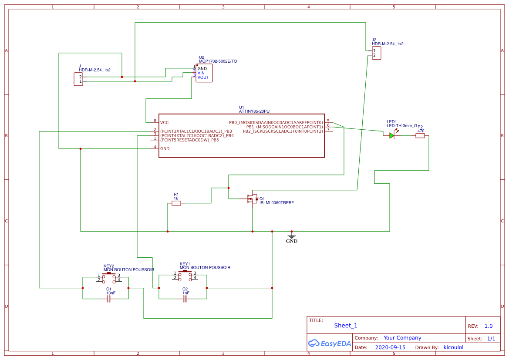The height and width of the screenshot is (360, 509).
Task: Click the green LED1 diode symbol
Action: (x=391, y=136)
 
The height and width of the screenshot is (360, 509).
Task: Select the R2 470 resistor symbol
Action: (x=420, y=136)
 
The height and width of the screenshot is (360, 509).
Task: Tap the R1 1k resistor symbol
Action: (x=176, y=203)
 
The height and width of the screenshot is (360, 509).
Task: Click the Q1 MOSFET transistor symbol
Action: (x=252, y=199)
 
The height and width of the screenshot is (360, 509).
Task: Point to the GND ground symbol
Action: (x=292, y=237)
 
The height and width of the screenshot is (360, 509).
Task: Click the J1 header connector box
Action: (x=78, y=79)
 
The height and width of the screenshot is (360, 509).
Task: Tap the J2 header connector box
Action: (x=376, y=53)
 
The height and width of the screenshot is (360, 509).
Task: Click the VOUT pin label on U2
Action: (x=203, y=77)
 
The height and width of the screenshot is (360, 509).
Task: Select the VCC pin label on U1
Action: (x=164, y=122)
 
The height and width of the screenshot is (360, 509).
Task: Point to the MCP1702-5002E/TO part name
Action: (x=218, y=61)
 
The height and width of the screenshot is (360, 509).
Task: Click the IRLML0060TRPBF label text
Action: (x=276, y=203)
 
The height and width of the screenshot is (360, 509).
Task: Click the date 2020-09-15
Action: (x=390, y=347)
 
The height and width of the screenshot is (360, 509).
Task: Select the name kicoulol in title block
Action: (x=453, y=347)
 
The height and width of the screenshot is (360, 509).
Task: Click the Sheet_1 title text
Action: (x=346, y=325)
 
